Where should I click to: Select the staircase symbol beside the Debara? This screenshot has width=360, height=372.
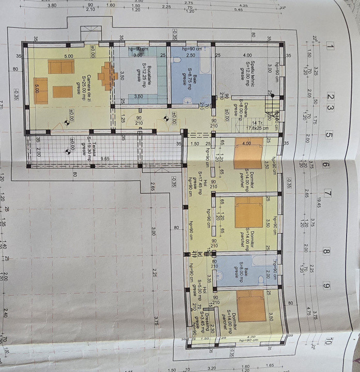coord(271,106)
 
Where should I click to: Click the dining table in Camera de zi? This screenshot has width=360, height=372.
coord(108,76)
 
